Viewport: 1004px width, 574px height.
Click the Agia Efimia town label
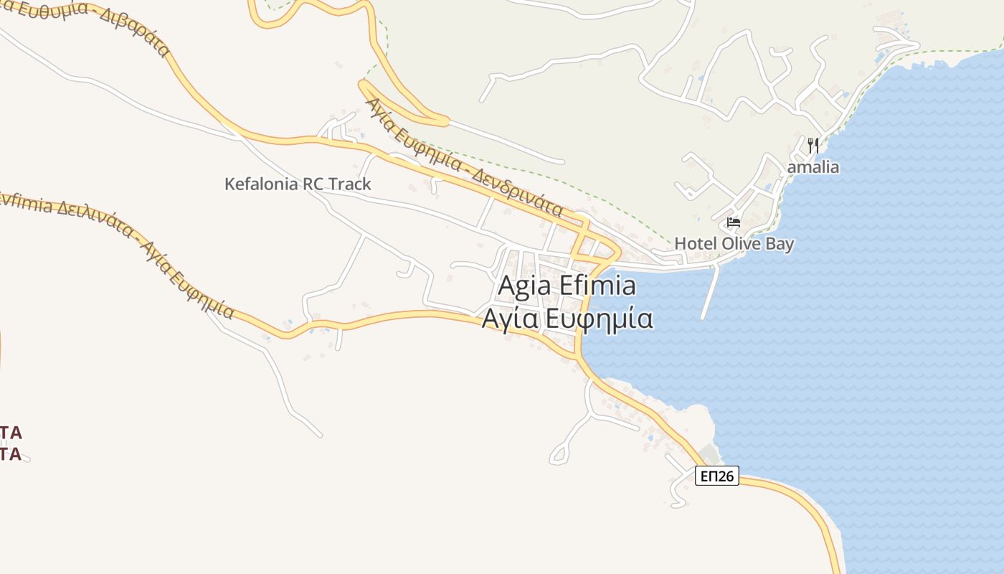567,286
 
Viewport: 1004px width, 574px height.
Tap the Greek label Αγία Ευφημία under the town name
567,318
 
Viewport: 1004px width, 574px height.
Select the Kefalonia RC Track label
298,184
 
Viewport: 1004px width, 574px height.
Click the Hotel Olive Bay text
734,243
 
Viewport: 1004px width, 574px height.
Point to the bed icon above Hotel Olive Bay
733,222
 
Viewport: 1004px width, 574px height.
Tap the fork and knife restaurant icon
813,146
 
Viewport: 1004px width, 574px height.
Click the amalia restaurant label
813,167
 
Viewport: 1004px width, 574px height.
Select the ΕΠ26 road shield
716,476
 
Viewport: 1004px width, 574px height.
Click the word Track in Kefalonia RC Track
350,184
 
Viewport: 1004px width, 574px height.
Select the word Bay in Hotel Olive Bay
778,243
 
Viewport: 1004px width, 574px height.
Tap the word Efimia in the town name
596,286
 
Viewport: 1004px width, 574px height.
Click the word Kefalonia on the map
262,184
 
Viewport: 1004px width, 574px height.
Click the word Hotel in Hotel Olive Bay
695,243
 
